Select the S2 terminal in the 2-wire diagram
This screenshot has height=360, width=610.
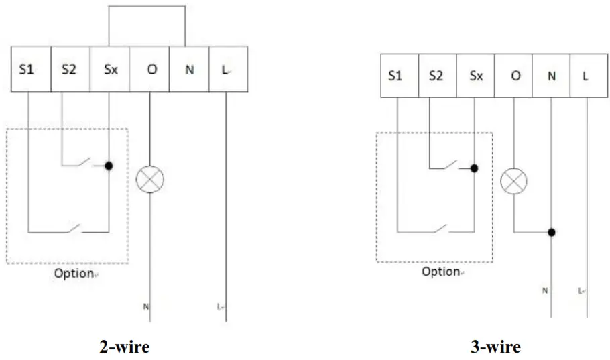pos(70,69)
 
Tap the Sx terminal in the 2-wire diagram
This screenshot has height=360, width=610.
pos(110,69)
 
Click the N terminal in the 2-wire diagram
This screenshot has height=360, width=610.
pos(189,69)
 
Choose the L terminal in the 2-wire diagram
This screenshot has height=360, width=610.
pos(228,69)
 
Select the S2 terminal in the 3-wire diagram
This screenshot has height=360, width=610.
pos(437,76)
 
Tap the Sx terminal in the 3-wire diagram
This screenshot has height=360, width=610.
pos(475,76)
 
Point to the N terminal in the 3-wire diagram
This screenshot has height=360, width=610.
pos(552,76)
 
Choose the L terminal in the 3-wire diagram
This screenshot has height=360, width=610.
pos(587,76)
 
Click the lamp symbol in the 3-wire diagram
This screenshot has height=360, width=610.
pos(513,182)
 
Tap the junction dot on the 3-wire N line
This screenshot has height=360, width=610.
pos(552,232)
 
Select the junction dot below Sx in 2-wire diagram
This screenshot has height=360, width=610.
pos(109,164)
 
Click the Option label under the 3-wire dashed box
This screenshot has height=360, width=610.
pos(440,272)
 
